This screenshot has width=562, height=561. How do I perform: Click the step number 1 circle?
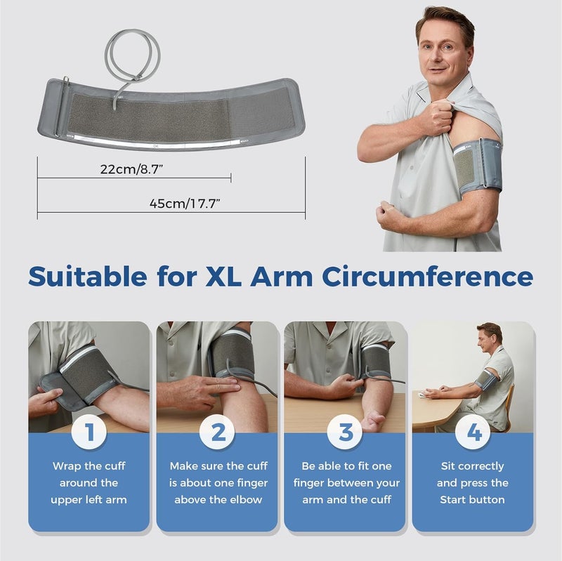point(89,433)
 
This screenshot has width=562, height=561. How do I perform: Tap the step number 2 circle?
point(218,433)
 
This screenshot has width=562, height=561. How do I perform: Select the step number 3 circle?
point(346,433)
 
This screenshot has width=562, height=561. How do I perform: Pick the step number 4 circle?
point(474,433)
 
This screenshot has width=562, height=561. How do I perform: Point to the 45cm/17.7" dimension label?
point(185,203)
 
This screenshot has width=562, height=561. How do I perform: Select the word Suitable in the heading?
point(87,276)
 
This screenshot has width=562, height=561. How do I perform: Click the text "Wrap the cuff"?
point(89,466)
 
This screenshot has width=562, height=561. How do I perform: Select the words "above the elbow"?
point(218,499)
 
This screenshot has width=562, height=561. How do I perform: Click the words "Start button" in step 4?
point(472,499)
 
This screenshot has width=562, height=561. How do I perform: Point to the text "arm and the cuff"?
point(346,499)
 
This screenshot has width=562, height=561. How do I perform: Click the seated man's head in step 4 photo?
point(489,335)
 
